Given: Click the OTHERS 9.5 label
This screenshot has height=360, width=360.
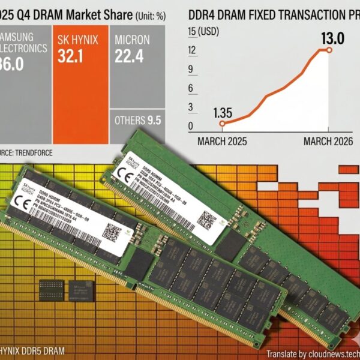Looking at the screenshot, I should click(x=137, y=120).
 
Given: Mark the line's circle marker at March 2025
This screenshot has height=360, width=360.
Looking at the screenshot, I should click(x=222, y=124).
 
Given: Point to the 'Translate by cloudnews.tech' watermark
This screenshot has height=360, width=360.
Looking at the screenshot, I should click(x=312, y=353).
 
